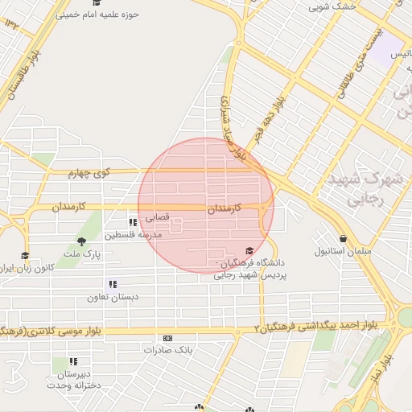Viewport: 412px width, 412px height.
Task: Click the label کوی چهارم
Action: [88, 172]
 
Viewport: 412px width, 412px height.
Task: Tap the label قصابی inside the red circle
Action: [156, 217]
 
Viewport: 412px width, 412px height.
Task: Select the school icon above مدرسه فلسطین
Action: [133, 223]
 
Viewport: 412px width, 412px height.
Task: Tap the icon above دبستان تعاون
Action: [113, 284]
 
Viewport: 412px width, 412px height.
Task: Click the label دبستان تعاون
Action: [113, 297]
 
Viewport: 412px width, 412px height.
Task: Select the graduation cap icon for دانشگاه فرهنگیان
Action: [249, 252]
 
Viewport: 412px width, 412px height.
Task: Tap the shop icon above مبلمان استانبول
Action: [344, 239]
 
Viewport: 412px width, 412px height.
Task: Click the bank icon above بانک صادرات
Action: [167, 338]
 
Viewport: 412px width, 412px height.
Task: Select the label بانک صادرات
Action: [166, 350]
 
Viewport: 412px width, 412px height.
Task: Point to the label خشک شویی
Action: [332, 7]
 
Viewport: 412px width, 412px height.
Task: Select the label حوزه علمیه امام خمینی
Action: [98, 14]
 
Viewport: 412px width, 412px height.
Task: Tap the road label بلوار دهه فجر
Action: [266, 119]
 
